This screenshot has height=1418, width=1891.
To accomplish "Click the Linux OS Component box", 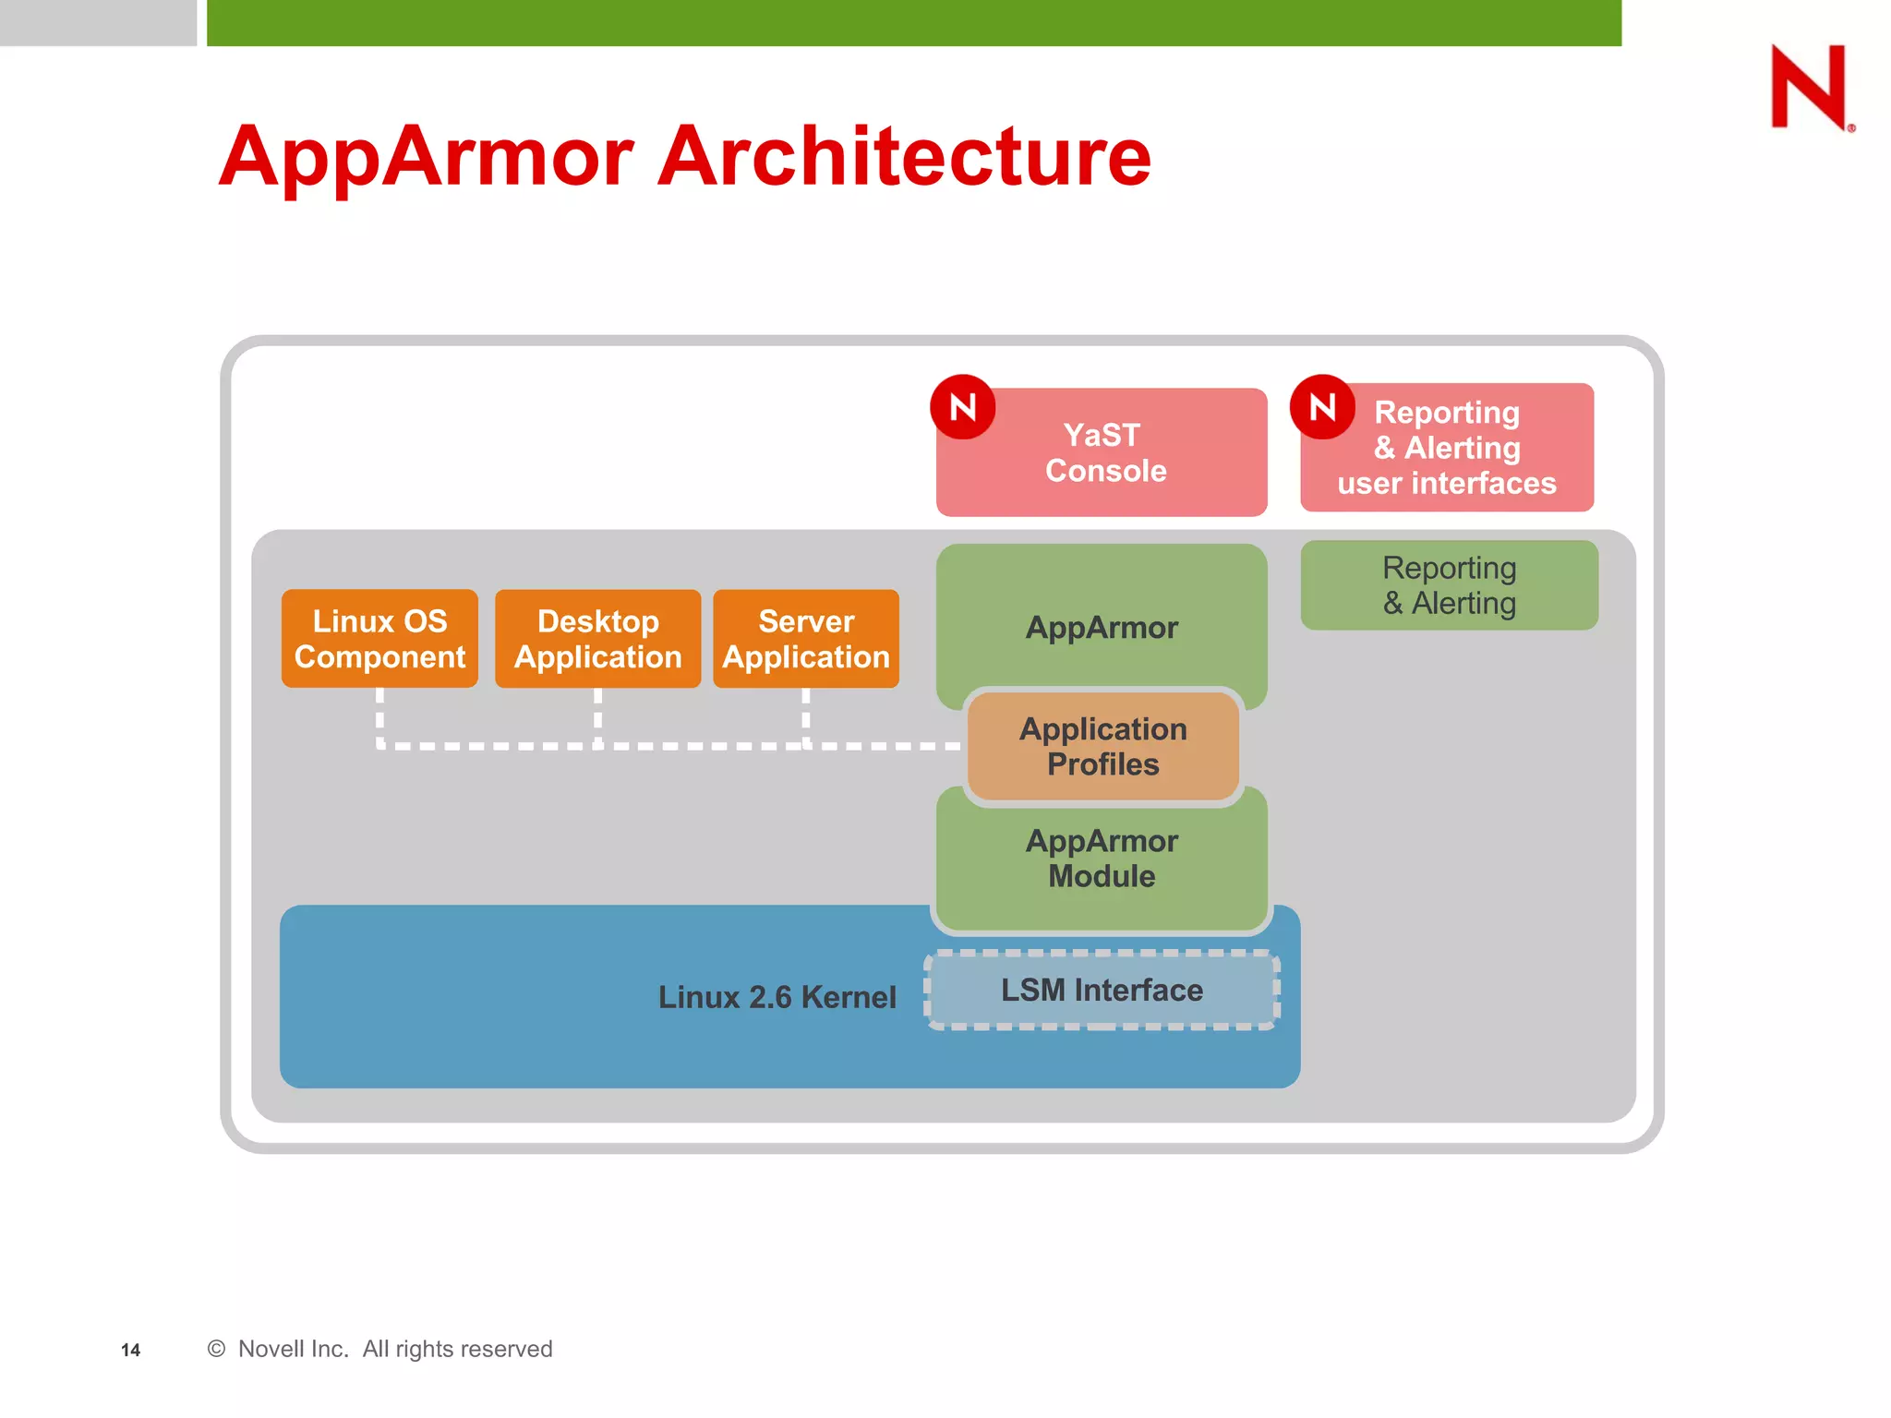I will (379, 639).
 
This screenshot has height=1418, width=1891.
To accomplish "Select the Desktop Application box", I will (597, 639).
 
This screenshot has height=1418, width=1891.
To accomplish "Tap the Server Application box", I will (806, 639).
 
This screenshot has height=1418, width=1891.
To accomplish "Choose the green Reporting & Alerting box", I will (1449, 585).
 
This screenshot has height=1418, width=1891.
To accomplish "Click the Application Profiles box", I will (1102, 746).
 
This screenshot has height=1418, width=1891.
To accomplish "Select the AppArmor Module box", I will (1102, 859).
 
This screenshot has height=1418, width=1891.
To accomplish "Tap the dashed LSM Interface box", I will (1102, 991).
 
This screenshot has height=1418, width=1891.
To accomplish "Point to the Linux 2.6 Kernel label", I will (777, 997).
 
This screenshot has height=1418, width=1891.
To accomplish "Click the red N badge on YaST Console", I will (962, 407).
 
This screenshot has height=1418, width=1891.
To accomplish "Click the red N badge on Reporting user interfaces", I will (1322, 407).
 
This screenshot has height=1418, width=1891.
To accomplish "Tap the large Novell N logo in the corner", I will (1809, 87).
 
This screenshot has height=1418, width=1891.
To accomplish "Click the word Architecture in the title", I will (904, 157).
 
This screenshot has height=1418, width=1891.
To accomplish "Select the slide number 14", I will (130, 1350).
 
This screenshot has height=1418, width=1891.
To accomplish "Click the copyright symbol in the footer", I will (216, 1349).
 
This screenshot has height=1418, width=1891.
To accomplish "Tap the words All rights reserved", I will (457, 1349).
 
